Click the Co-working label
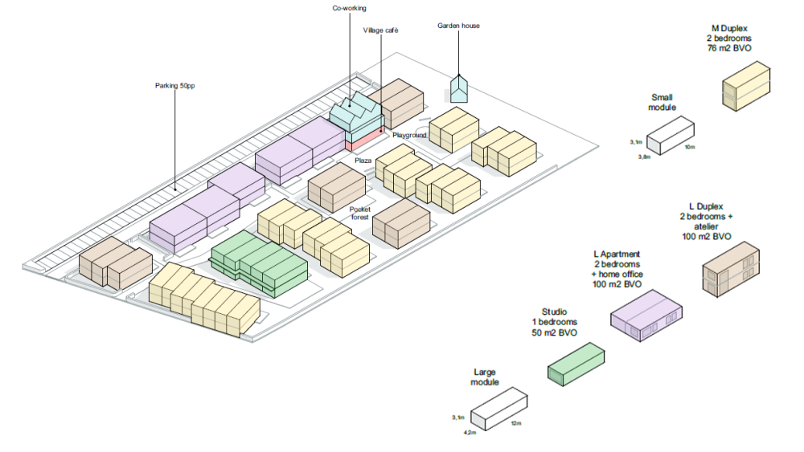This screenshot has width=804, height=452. coord(350,9)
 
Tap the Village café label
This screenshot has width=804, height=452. coord(380,31)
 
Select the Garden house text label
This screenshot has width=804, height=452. coord(458,26)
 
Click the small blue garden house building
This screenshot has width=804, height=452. coord(459,89)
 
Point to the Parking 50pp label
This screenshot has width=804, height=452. coord(175,85)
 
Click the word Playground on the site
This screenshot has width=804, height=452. coord(409,135)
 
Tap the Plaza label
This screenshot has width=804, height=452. coord(363,161)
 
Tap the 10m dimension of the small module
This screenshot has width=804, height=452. coord(689,148)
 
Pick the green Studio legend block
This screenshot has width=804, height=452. coord(576,362)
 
